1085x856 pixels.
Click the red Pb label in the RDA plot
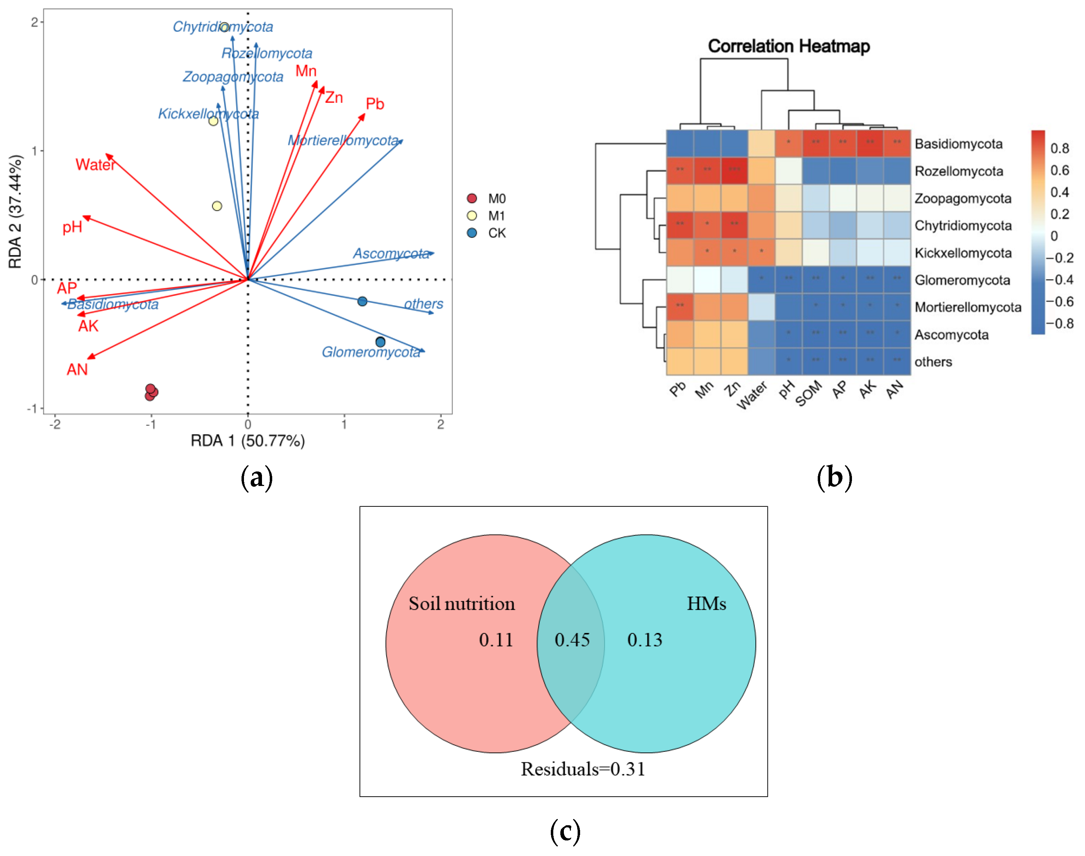coord(375,104)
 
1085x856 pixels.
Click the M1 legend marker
coord(472,216)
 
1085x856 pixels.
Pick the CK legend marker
coord(472,233)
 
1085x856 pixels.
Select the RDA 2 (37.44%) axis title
coord(16,211)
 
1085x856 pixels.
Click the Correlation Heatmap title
coord(788,46)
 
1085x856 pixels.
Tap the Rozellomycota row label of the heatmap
coord(958,171)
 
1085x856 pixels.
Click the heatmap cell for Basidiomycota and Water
coord(761,144)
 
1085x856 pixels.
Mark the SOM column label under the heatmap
coord(808,393)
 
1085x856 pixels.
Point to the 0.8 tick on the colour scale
coord(1060,148)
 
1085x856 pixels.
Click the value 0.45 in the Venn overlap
coord(572,640)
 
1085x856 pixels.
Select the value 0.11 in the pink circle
coord(496,640)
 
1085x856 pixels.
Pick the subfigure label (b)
coord(834,477)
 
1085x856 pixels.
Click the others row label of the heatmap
coord(933,362)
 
